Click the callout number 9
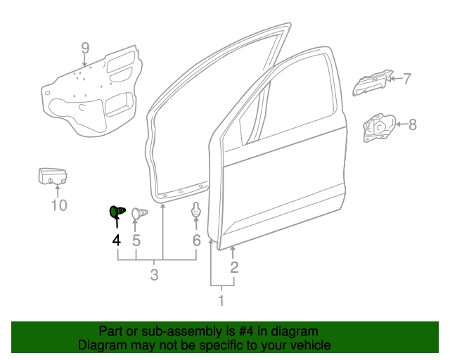tap(85, 48)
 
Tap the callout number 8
tap(412, 124)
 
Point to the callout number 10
tap(58, 205)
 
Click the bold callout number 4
tap(116, 240)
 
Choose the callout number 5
tap(136, 240)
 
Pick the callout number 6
tap(196, 240)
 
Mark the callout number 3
tap(154, 274)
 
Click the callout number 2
tap(234, 266)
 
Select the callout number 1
tap(221, 301)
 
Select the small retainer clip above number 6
tap(196, 210)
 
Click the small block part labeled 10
tap(51, 176)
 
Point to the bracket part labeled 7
tap(370, 82)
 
